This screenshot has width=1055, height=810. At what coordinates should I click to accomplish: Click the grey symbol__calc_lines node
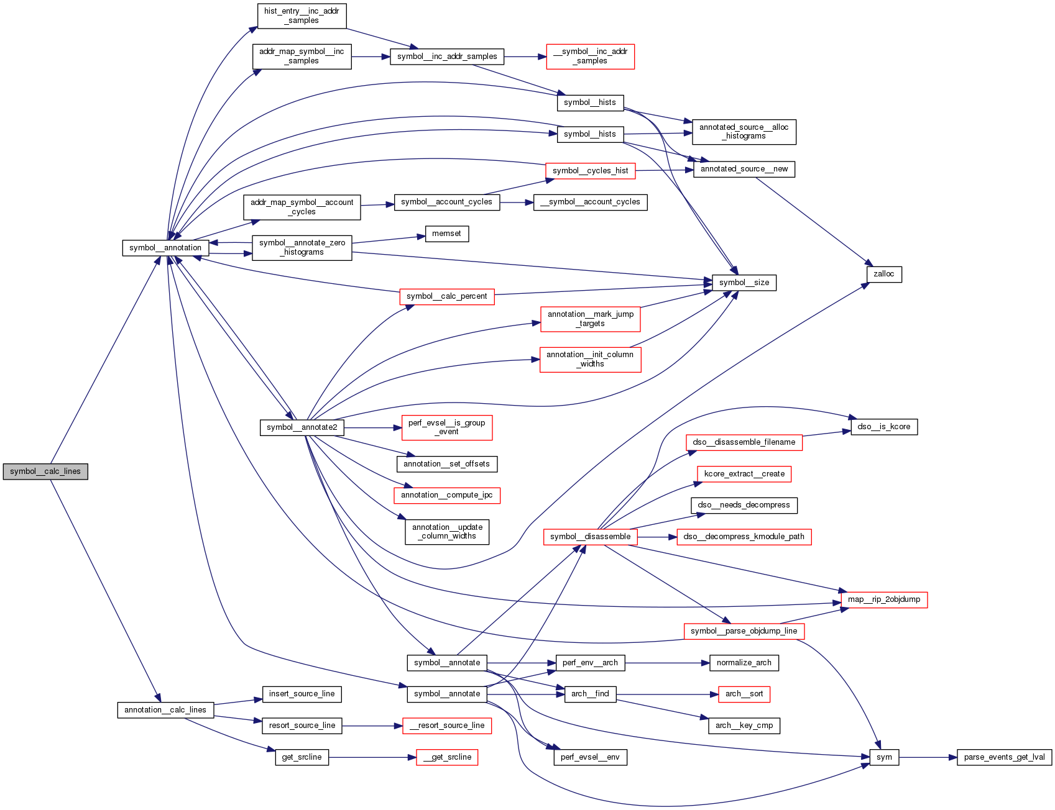(45, 471)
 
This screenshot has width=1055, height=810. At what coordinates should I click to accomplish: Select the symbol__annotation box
(165, 248)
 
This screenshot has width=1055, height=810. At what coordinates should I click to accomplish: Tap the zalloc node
(883, 274)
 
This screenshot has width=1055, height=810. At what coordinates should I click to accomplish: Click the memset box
(447, 234)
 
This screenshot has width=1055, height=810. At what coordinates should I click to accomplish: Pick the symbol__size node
(744, 283)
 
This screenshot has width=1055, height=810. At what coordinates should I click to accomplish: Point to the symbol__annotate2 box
(302, 427)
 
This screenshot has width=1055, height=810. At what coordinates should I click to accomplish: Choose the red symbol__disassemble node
(590, 537)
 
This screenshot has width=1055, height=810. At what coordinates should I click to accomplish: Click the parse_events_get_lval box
(1004, 757)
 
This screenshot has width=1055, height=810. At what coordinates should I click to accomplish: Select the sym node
(884, 757)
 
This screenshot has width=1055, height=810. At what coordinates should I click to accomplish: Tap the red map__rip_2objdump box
(883, 599)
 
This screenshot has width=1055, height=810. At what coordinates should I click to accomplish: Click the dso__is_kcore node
(883, 427)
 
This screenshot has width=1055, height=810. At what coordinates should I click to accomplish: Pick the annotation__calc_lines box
(165, 710)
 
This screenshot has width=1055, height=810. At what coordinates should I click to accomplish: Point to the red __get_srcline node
(447, 757)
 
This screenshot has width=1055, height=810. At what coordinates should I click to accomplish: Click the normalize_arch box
(744, 663)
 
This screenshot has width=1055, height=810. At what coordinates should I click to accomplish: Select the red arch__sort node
(744, 694)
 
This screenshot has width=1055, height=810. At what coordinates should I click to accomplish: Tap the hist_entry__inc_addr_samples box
(302, 16)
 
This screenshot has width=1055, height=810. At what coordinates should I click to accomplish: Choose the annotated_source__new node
(744, 169)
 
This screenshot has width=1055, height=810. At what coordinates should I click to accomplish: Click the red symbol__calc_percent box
(447, 296)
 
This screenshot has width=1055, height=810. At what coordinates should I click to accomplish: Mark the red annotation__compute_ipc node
(446, 495)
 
